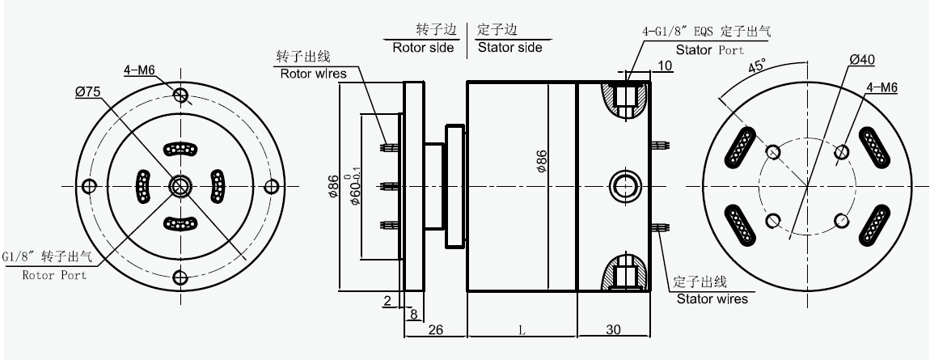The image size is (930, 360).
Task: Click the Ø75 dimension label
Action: coord(87,92)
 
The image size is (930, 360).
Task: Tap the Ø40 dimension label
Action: coord(863,61)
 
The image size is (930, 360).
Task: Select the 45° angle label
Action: coord(758,66)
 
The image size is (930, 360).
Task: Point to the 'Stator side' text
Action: coord(509,47)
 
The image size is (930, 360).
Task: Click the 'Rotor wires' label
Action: coord(313,74)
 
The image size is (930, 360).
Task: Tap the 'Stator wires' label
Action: coord(712,299)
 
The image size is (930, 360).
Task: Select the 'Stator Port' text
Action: coord(710,49)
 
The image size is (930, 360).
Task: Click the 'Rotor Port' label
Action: coord(55,275)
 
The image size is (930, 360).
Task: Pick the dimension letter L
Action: coord(522,331)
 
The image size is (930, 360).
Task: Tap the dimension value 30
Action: coord(615,331)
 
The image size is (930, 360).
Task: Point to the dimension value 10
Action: coord(665,65)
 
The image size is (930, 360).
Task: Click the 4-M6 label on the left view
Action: coord(138,70)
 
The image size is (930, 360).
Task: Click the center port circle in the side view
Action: coord(624,185)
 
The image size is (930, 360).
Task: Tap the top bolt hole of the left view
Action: coord(180,95)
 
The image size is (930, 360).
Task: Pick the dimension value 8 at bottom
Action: coord(413,314)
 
